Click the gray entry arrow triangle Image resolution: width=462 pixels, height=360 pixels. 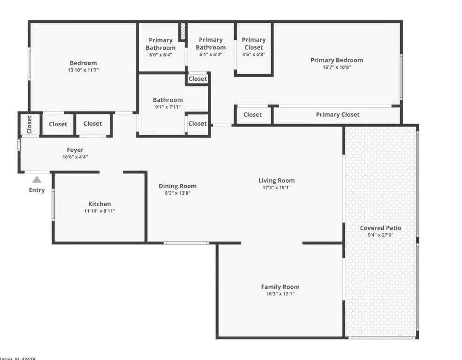(37, 179)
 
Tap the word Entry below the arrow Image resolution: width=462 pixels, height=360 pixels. (37, 190)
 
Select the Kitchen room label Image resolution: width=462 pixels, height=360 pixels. (99, 204)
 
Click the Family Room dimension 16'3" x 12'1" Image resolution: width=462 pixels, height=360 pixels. (280, 294)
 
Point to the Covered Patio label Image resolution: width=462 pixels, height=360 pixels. (380, 228)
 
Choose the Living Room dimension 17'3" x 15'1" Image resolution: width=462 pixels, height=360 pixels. (276, 187)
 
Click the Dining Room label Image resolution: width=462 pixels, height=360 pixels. (177, 186)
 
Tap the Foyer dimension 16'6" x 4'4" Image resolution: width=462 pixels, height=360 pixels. (75, 157)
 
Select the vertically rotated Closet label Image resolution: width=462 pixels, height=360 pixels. (30, 125)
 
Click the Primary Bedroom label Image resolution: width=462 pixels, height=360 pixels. (336, 60)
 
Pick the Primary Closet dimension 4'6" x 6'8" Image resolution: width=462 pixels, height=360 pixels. (253, 54)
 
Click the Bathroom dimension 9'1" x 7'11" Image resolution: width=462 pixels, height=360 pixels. (167, 107)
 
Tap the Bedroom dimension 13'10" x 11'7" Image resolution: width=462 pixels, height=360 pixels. (83, 70)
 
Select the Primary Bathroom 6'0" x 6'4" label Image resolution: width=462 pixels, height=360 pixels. (160, 44)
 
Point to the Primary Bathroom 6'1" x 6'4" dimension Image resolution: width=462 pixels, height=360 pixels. (211, 54)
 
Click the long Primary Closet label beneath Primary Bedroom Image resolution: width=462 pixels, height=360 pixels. (337, 115)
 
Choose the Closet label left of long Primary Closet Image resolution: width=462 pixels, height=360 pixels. (252, 115)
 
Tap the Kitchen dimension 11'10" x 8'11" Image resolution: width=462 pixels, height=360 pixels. (99, 211)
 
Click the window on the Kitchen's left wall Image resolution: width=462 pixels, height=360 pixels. (53, 204)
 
